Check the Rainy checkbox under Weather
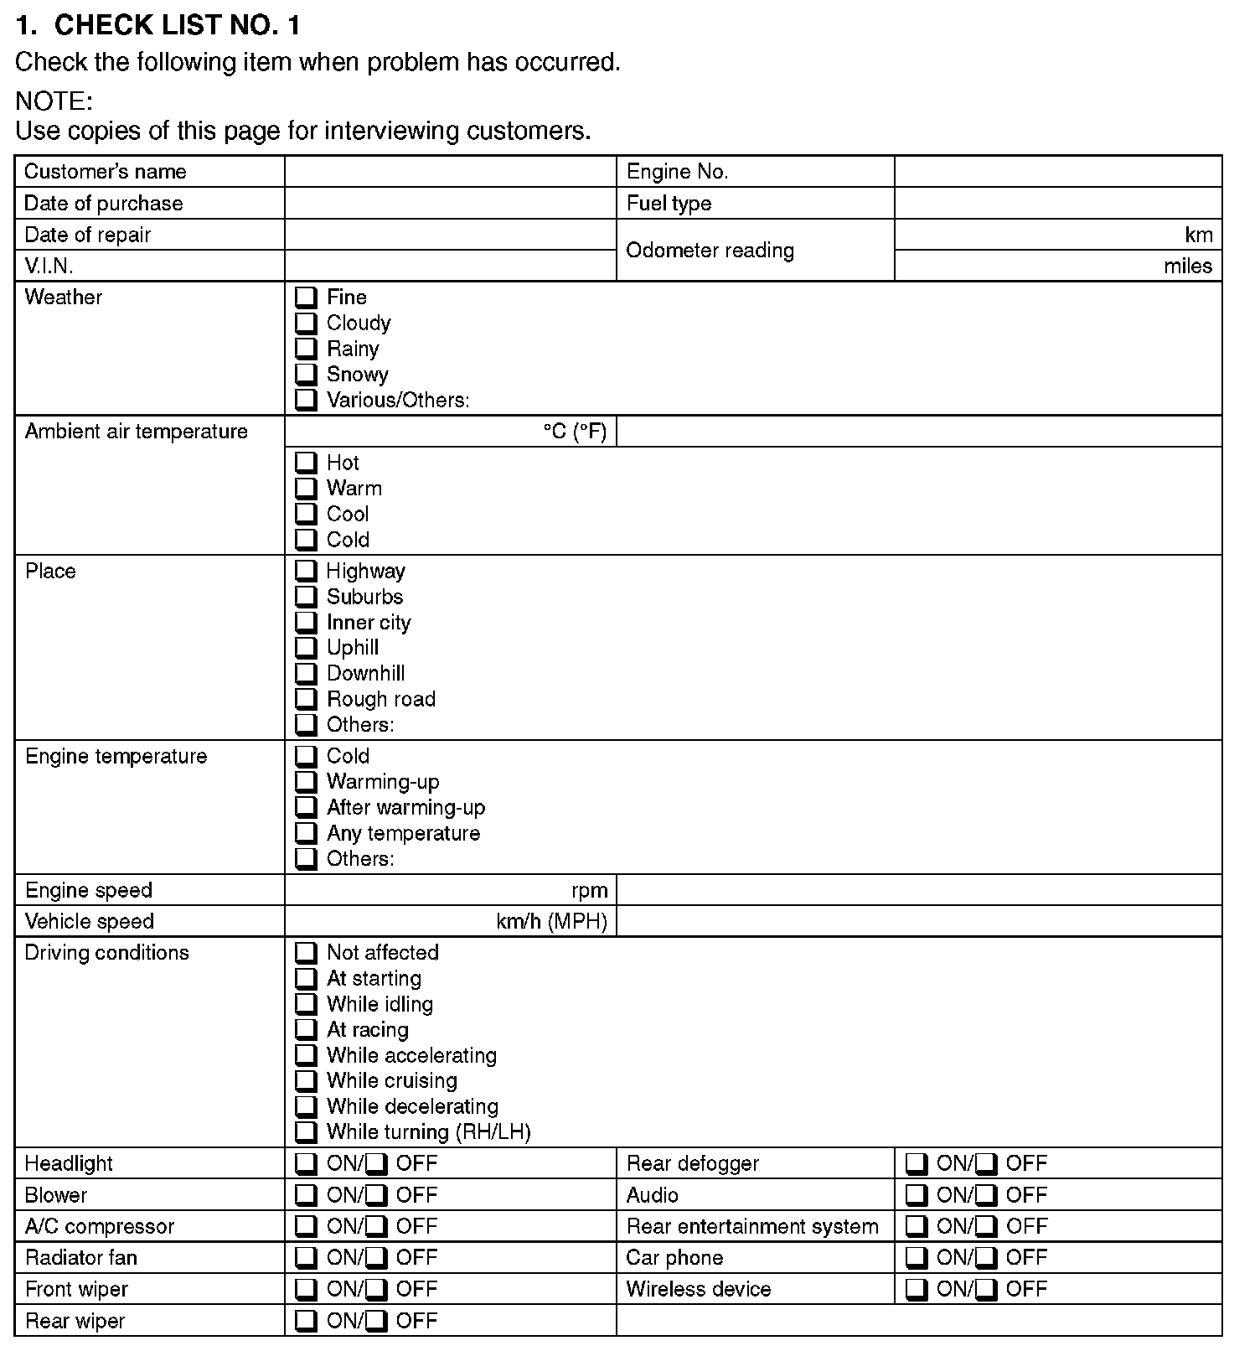coord(307,349)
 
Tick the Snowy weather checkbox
coord(307,374)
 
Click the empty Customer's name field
coord(450,172)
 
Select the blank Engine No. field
coord(1057,172)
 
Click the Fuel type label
coord(669,204)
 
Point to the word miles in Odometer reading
coord(1187,267)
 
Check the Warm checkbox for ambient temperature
coord(307,489)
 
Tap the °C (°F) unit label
coord(575,432)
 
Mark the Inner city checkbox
coord(307,623)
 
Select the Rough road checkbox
coord(307,699)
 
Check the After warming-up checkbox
coord(307,808)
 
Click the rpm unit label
coord(590,891)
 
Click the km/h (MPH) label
coord(551,922)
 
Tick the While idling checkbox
coord(307,1004)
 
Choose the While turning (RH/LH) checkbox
coord(307,1132)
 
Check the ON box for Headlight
coord(307,1164)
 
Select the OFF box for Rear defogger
coord(987,1164)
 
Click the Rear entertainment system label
coord(752,1227)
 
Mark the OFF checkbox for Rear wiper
coord(377,1322)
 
